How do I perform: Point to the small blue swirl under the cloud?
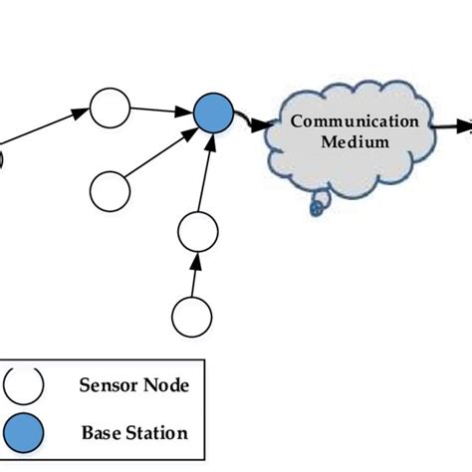318,208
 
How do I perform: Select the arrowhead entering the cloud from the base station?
260,126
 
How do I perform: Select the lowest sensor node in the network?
191,317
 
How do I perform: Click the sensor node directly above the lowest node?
197,233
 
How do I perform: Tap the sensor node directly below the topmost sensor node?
109,186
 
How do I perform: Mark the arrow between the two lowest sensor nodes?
195,276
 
